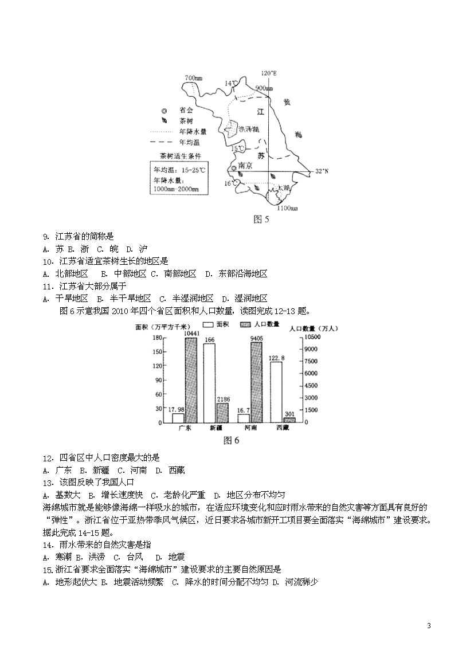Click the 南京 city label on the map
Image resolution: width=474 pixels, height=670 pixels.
[246, 165]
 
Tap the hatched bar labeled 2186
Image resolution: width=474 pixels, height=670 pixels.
[222, 412]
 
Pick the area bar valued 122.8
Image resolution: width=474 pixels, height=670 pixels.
[276, 392]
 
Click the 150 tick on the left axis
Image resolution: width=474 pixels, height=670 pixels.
[156, 350]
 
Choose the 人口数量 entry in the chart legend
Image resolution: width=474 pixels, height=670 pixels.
[265, 324]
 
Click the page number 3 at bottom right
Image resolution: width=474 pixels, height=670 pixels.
[428, 625]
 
